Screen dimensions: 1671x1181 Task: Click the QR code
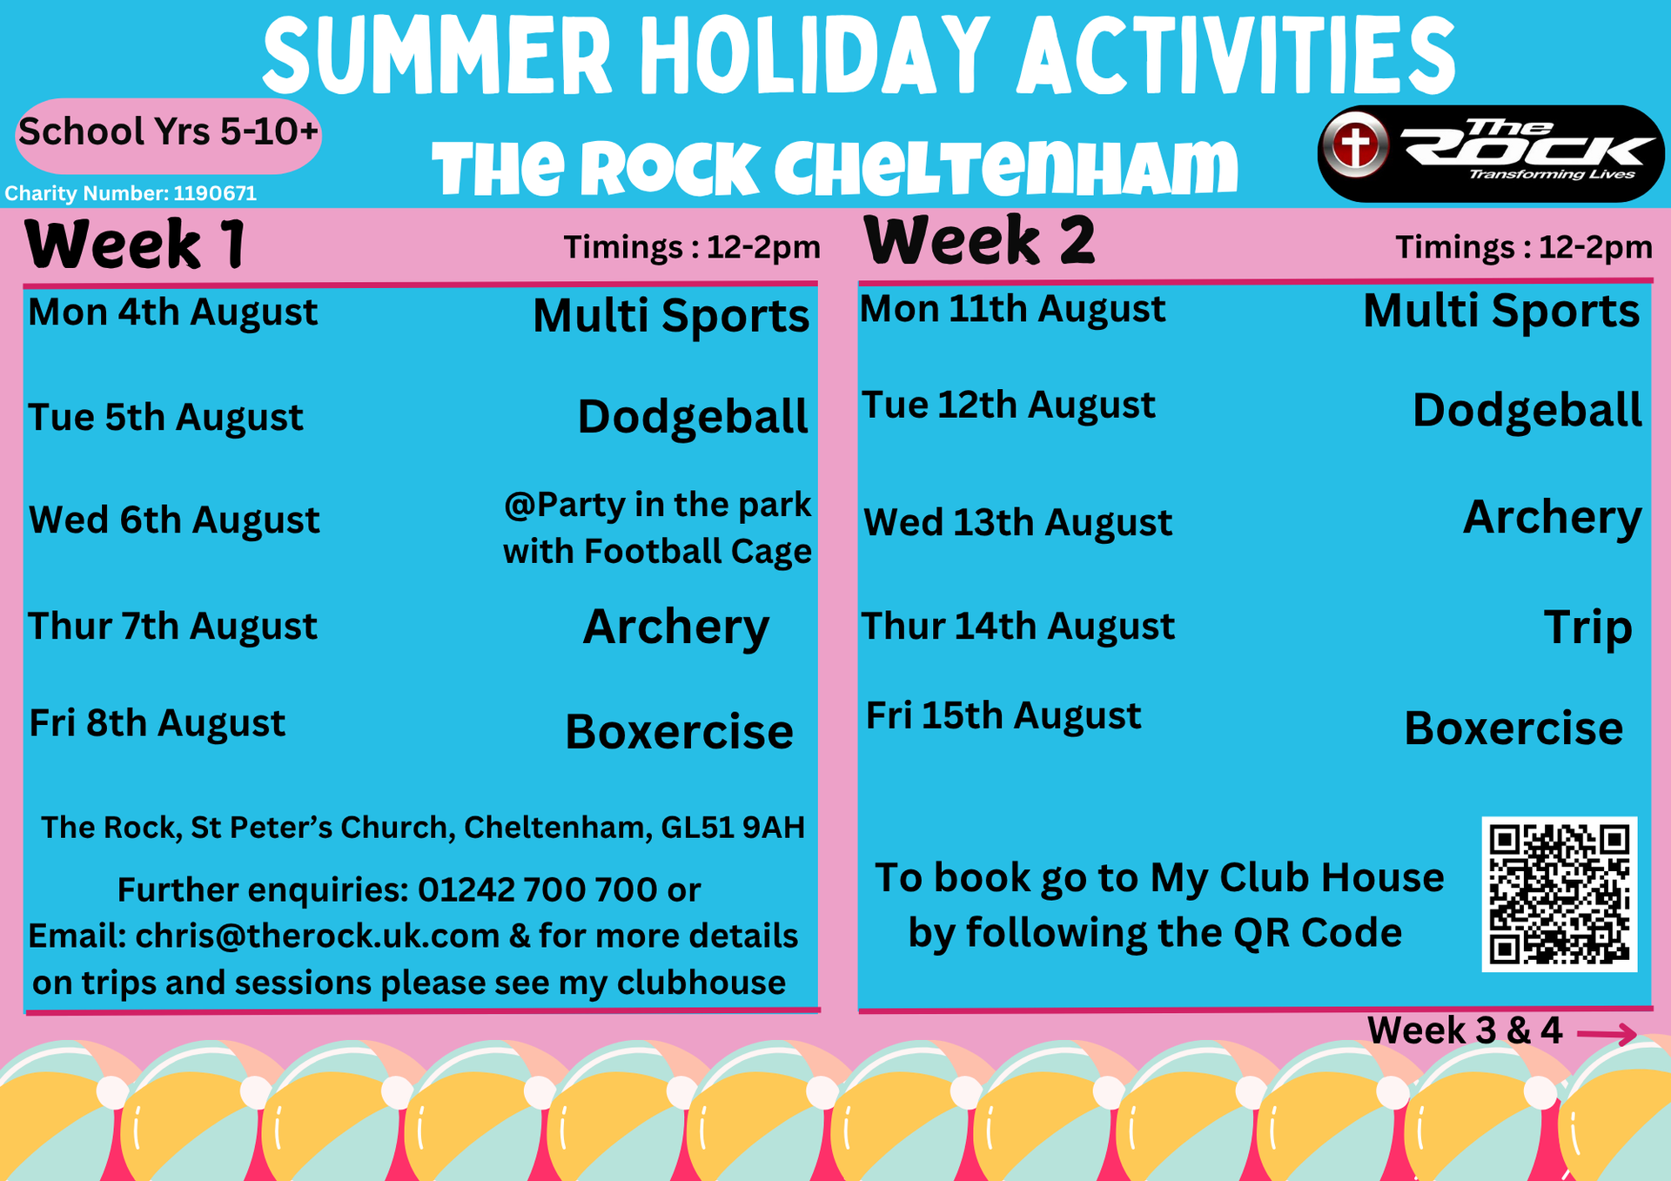1559,894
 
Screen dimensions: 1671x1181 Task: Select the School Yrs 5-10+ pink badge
169,135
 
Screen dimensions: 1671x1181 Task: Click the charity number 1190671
215,193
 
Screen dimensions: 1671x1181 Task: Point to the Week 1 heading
135,245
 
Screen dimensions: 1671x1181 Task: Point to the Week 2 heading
979,240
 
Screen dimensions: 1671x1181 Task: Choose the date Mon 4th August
172,312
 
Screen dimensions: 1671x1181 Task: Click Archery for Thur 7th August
676,627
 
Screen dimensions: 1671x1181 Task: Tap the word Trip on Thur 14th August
1587,627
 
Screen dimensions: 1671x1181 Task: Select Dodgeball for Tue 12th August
1527,410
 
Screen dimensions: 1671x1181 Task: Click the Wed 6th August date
174,520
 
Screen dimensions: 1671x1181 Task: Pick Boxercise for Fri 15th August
1513,728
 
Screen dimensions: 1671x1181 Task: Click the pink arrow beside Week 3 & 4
1607,1034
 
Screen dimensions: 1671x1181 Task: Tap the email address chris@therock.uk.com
318,936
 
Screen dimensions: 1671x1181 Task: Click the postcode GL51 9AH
733,828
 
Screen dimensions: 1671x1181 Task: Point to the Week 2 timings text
1524,247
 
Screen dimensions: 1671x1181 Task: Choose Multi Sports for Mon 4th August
671,315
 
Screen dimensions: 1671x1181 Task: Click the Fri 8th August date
158,723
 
